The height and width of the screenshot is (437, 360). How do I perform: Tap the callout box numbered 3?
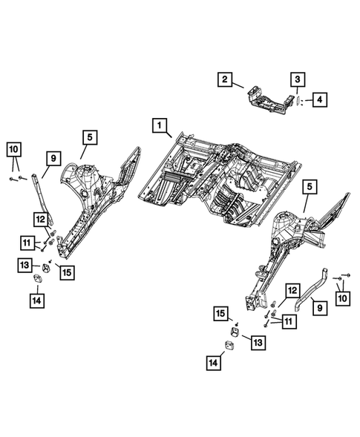[x=296, y=79]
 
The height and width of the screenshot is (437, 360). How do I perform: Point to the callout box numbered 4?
[x=318, y=99]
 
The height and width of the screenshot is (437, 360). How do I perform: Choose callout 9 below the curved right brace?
[x=318, y=305]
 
